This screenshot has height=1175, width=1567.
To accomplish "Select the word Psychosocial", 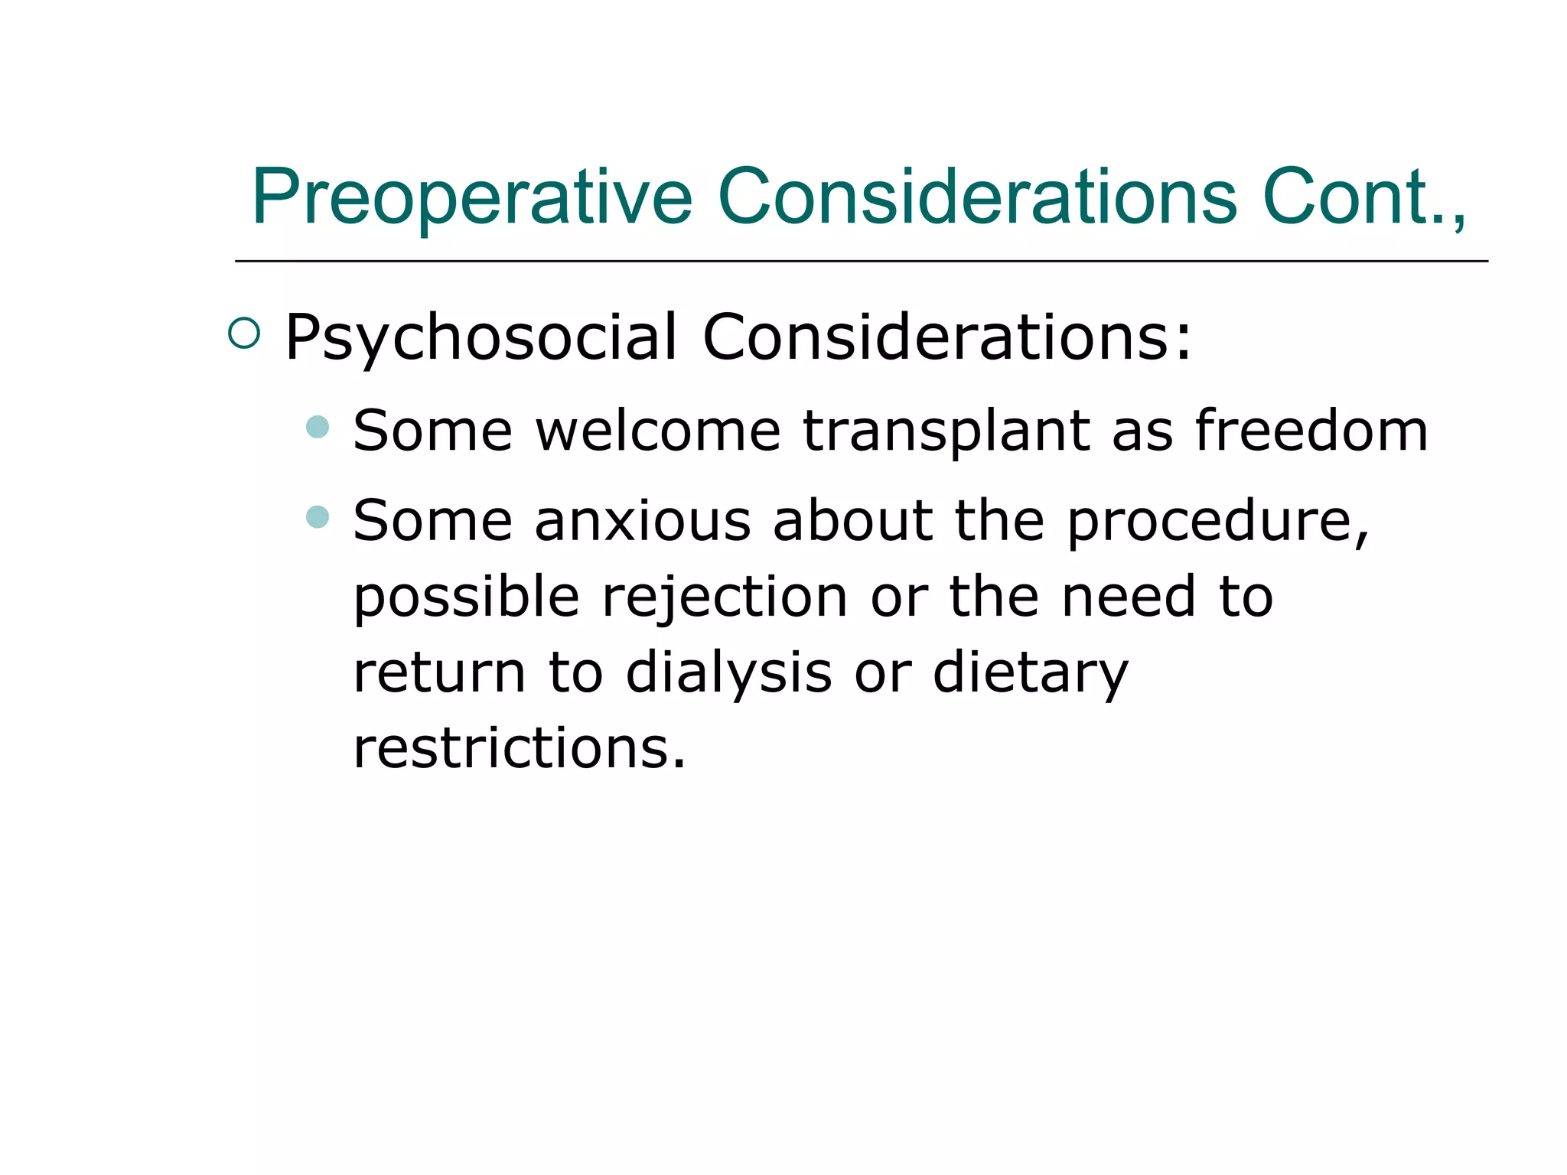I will point(481,337).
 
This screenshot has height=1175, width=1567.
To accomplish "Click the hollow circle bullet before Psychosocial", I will point(244,334).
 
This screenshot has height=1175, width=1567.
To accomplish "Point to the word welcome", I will point(658,431).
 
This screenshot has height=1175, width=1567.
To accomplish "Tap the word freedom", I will point(1311,431).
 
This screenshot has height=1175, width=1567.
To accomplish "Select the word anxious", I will point(643,521).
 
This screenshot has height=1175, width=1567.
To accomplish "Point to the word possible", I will point(466,597).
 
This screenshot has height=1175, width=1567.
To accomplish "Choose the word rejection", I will point(725,597).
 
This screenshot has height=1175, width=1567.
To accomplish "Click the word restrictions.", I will point(519,747).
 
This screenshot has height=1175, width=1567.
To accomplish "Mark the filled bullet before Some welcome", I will point(317,426).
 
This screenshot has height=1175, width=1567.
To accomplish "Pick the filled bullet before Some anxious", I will point(317,516).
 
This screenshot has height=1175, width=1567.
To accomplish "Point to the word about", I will point(853,521).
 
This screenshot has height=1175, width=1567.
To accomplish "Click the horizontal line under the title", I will point(861,262).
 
